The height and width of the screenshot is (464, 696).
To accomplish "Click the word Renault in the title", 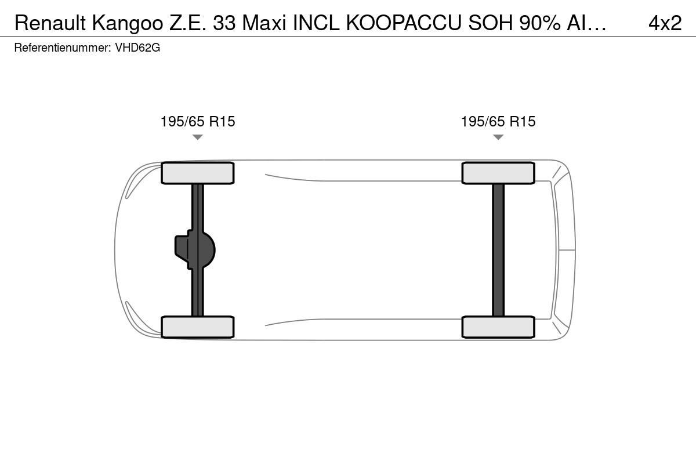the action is pyautogui.click(x=50, y=23).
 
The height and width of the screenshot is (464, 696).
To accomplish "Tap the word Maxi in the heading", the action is pyautogui.click(x=264, y=23).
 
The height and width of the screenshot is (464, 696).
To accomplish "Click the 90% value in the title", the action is pyautogui.click(x=540, y=23).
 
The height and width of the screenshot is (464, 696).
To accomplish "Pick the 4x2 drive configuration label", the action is pyautogui.click(x=665, y=23).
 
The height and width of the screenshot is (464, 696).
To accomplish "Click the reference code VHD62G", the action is pyautogui.click(x=137, y=48).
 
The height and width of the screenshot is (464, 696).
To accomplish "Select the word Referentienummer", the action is pyautogui.click(x=63, y=48).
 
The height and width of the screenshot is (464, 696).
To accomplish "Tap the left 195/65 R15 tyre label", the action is pyautogui.click(x=198, y=122).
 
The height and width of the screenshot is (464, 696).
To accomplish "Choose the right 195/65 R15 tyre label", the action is pyautogui.click(x=498, y=122).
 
